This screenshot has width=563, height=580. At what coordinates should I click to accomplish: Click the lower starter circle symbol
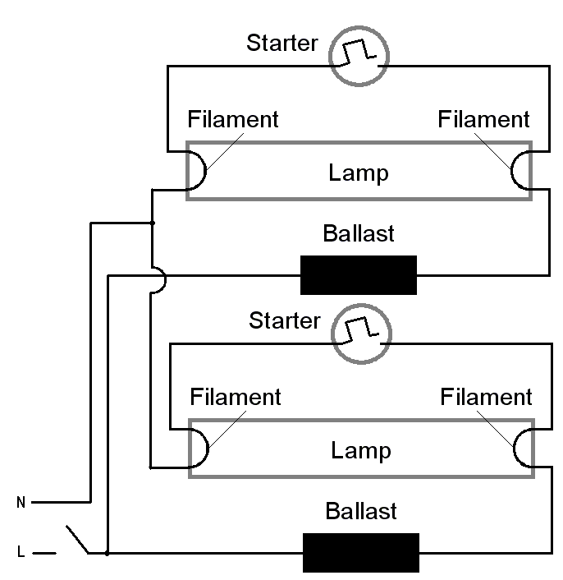[x=361, y=332]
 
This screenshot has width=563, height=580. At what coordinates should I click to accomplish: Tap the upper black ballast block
[x=359, y=275]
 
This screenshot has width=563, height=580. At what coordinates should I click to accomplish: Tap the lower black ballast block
[x=361, y=553]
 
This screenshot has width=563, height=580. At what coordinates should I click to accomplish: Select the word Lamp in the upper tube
[x=359, y=173]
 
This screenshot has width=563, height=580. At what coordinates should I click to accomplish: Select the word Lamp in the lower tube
[x=361, y=451]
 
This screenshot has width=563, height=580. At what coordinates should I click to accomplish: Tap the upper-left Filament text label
[x=233, y=119]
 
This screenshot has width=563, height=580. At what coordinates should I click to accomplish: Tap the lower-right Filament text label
[x=486, y=398]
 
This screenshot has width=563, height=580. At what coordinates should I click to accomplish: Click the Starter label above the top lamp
[x=281, y=43]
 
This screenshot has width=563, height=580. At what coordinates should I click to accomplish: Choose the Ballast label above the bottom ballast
[x=361, y=511]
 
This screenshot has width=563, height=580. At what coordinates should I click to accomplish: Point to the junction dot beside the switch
[x=108, y=553]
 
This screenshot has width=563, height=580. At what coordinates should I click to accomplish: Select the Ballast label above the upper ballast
[x=359, y=233]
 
